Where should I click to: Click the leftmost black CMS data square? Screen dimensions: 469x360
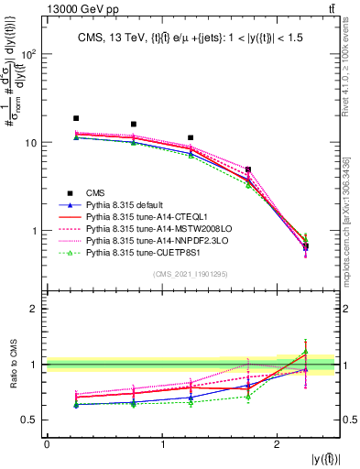76,118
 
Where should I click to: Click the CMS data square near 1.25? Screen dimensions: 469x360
191,137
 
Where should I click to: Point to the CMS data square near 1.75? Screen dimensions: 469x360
248,169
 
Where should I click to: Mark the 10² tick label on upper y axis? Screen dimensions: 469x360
29,54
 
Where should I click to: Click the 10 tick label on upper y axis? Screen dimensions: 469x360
31,143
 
